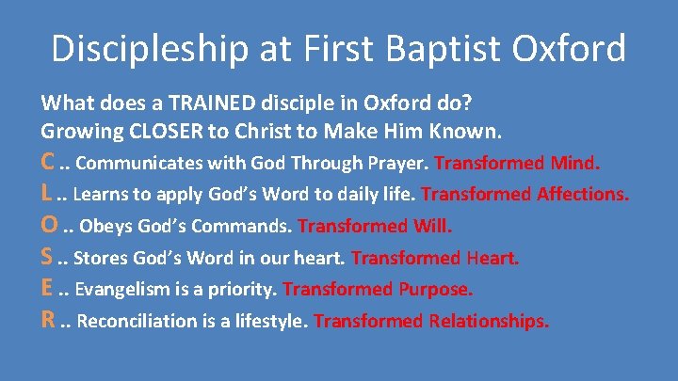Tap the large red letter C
[x=48, y=163]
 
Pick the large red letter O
[x=49, y=226]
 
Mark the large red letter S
[x=47, y=257]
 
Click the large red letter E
[x=47, y=288]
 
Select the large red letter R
[x=48, y=320]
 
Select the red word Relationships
[x=489, y=320]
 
